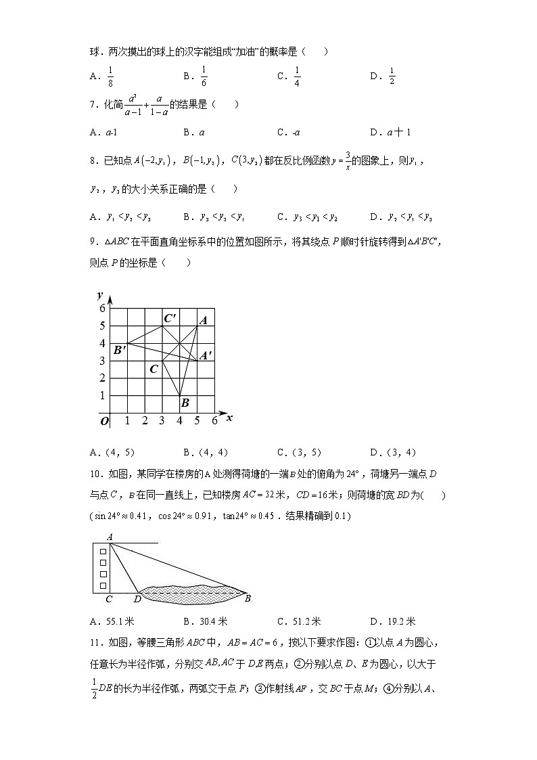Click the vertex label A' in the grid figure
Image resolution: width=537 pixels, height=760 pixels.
point(206,354)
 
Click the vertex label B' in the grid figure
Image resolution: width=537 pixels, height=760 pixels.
point(120,350)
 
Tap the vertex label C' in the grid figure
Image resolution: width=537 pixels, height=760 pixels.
point(170,317)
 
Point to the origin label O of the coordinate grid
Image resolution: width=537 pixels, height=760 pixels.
point(104,421)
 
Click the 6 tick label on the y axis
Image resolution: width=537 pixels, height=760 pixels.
point(103,308)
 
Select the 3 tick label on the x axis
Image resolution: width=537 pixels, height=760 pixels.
point(162,421)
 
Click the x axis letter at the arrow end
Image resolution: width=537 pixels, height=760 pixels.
point(229,418)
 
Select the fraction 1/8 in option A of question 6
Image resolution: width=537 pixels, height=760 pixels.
point(110,76)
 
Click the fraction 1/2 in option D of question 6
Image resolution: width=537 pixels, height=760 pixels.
point(392,76)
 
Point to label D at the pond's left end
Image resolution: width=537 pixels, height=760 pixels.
point(137,598)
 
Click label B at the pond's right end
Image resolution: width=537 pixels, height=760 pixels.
point(247,598)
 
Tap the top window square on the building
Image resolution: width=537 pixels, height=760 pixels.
point(103,552)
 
